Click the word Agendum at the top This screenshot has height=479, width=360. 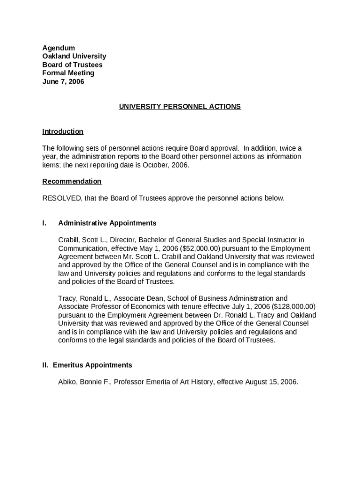pyautogui.click(x=58, y=48)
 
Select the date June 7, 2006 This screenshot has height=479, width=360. pyautogui.click(x=63, y=81)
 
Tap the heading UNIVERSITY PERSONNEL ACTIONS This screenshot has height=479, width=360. pyautogui.click(x=180, y=107)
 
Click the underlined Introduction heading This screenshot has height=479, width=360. pyautogui.click(x=63, y=131)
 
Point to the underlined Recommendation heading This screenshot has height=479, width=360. pyautogui.click(x=72, y=181)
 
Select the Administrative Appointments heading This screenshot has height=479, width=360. pyautogui.click(x=107, y=223)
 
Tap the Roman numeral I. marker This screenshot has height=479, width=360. pyautogui.click(x=44, y=223)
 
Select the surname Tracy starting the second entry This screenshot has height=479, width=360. pyautogui.click(x=67, y=298)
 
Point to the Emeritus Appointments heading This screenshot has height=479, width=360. pyautogui.click(x=93, y=365)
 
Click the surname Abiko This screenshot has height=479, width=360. pyautogui.click(x=68, y=382)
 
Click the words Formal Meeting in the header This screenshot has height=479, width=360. pyautogui.click(x=68, y=73)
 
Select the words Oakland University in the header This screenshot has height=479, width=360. pyautogui.click(x=74, y=56)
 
